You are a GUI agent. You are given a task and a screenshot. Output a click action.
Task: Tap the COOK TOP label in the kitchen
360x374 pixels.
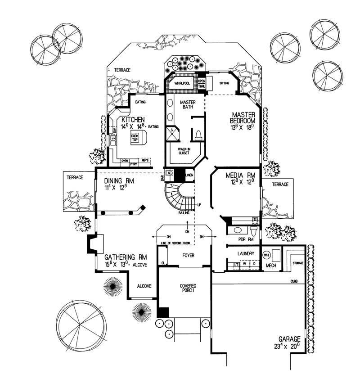pos(135,137)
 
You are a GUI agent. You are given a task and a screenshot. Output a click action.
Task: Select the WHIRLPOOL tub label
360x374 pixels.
pos(181,83)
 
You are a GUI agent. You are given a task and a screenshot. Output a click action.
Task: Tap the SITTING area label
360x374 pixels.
pos(224,83)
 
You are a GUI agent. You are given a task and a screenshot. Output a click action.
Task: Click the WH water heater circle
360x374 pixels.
pos(266,254)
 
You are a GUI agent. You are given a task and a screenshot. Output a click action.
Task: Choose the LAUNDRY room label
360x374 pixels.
pos(246,254)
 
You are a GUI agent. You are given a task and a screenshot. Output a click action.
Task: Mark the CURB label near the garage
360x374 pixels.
pos(294,282)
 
